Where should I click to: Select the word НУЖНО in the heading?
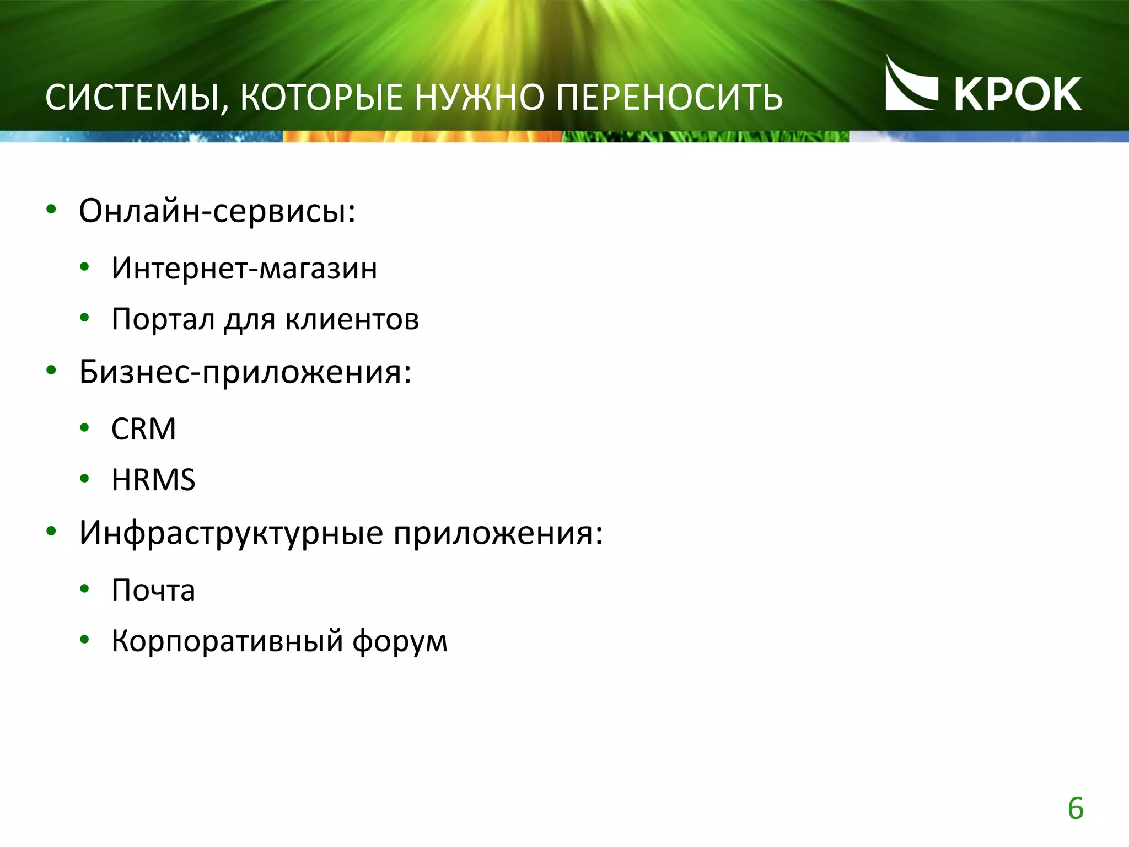tap(480, 98)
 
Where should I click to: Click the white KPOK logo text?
tap(1018, 94)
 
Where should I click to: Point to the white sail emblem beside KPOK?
tap(910, 85)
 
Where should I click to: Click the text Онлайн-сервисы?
tap(217, 211)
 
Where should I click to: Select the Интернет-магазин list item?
tap(244, 269)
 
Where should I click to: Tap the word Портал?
tap(163, 319)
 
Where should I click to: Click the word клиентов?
tap(352, 319)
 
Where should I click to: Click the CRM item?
tap(144, 429)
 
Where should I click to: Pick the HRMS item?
tap(153, 480)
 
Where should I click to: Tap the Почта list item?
tap(153, 591)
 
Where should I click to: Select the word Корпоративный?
tap(228, 641)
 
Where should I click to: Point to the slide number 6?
tap(1076, 809)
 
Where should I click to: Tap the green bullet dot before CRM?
tap(84, 427)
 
